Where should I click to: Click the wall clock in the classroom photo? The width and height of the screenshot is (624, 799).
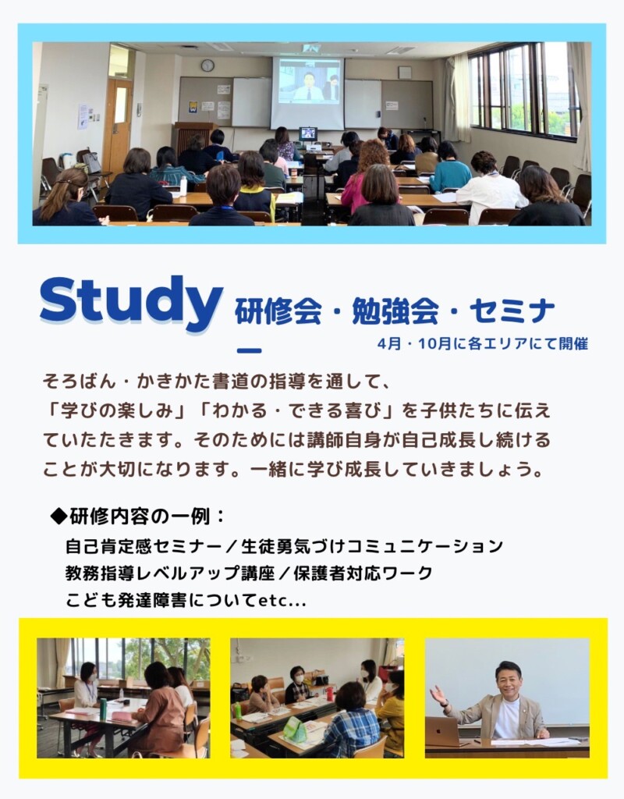(x=207, y=66)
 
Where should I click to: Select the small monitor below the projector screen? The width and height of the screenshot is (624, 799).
(x=308, y=134)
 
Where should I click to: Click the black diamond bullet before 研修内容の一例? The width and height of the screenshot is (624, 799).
(x=58, y=517)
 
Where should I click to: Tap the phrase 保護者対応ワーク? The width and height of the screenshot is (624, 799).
(x=363, y=574)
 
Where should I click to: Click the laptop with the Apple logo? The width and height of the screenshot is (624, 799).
(x=444, y=731)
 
